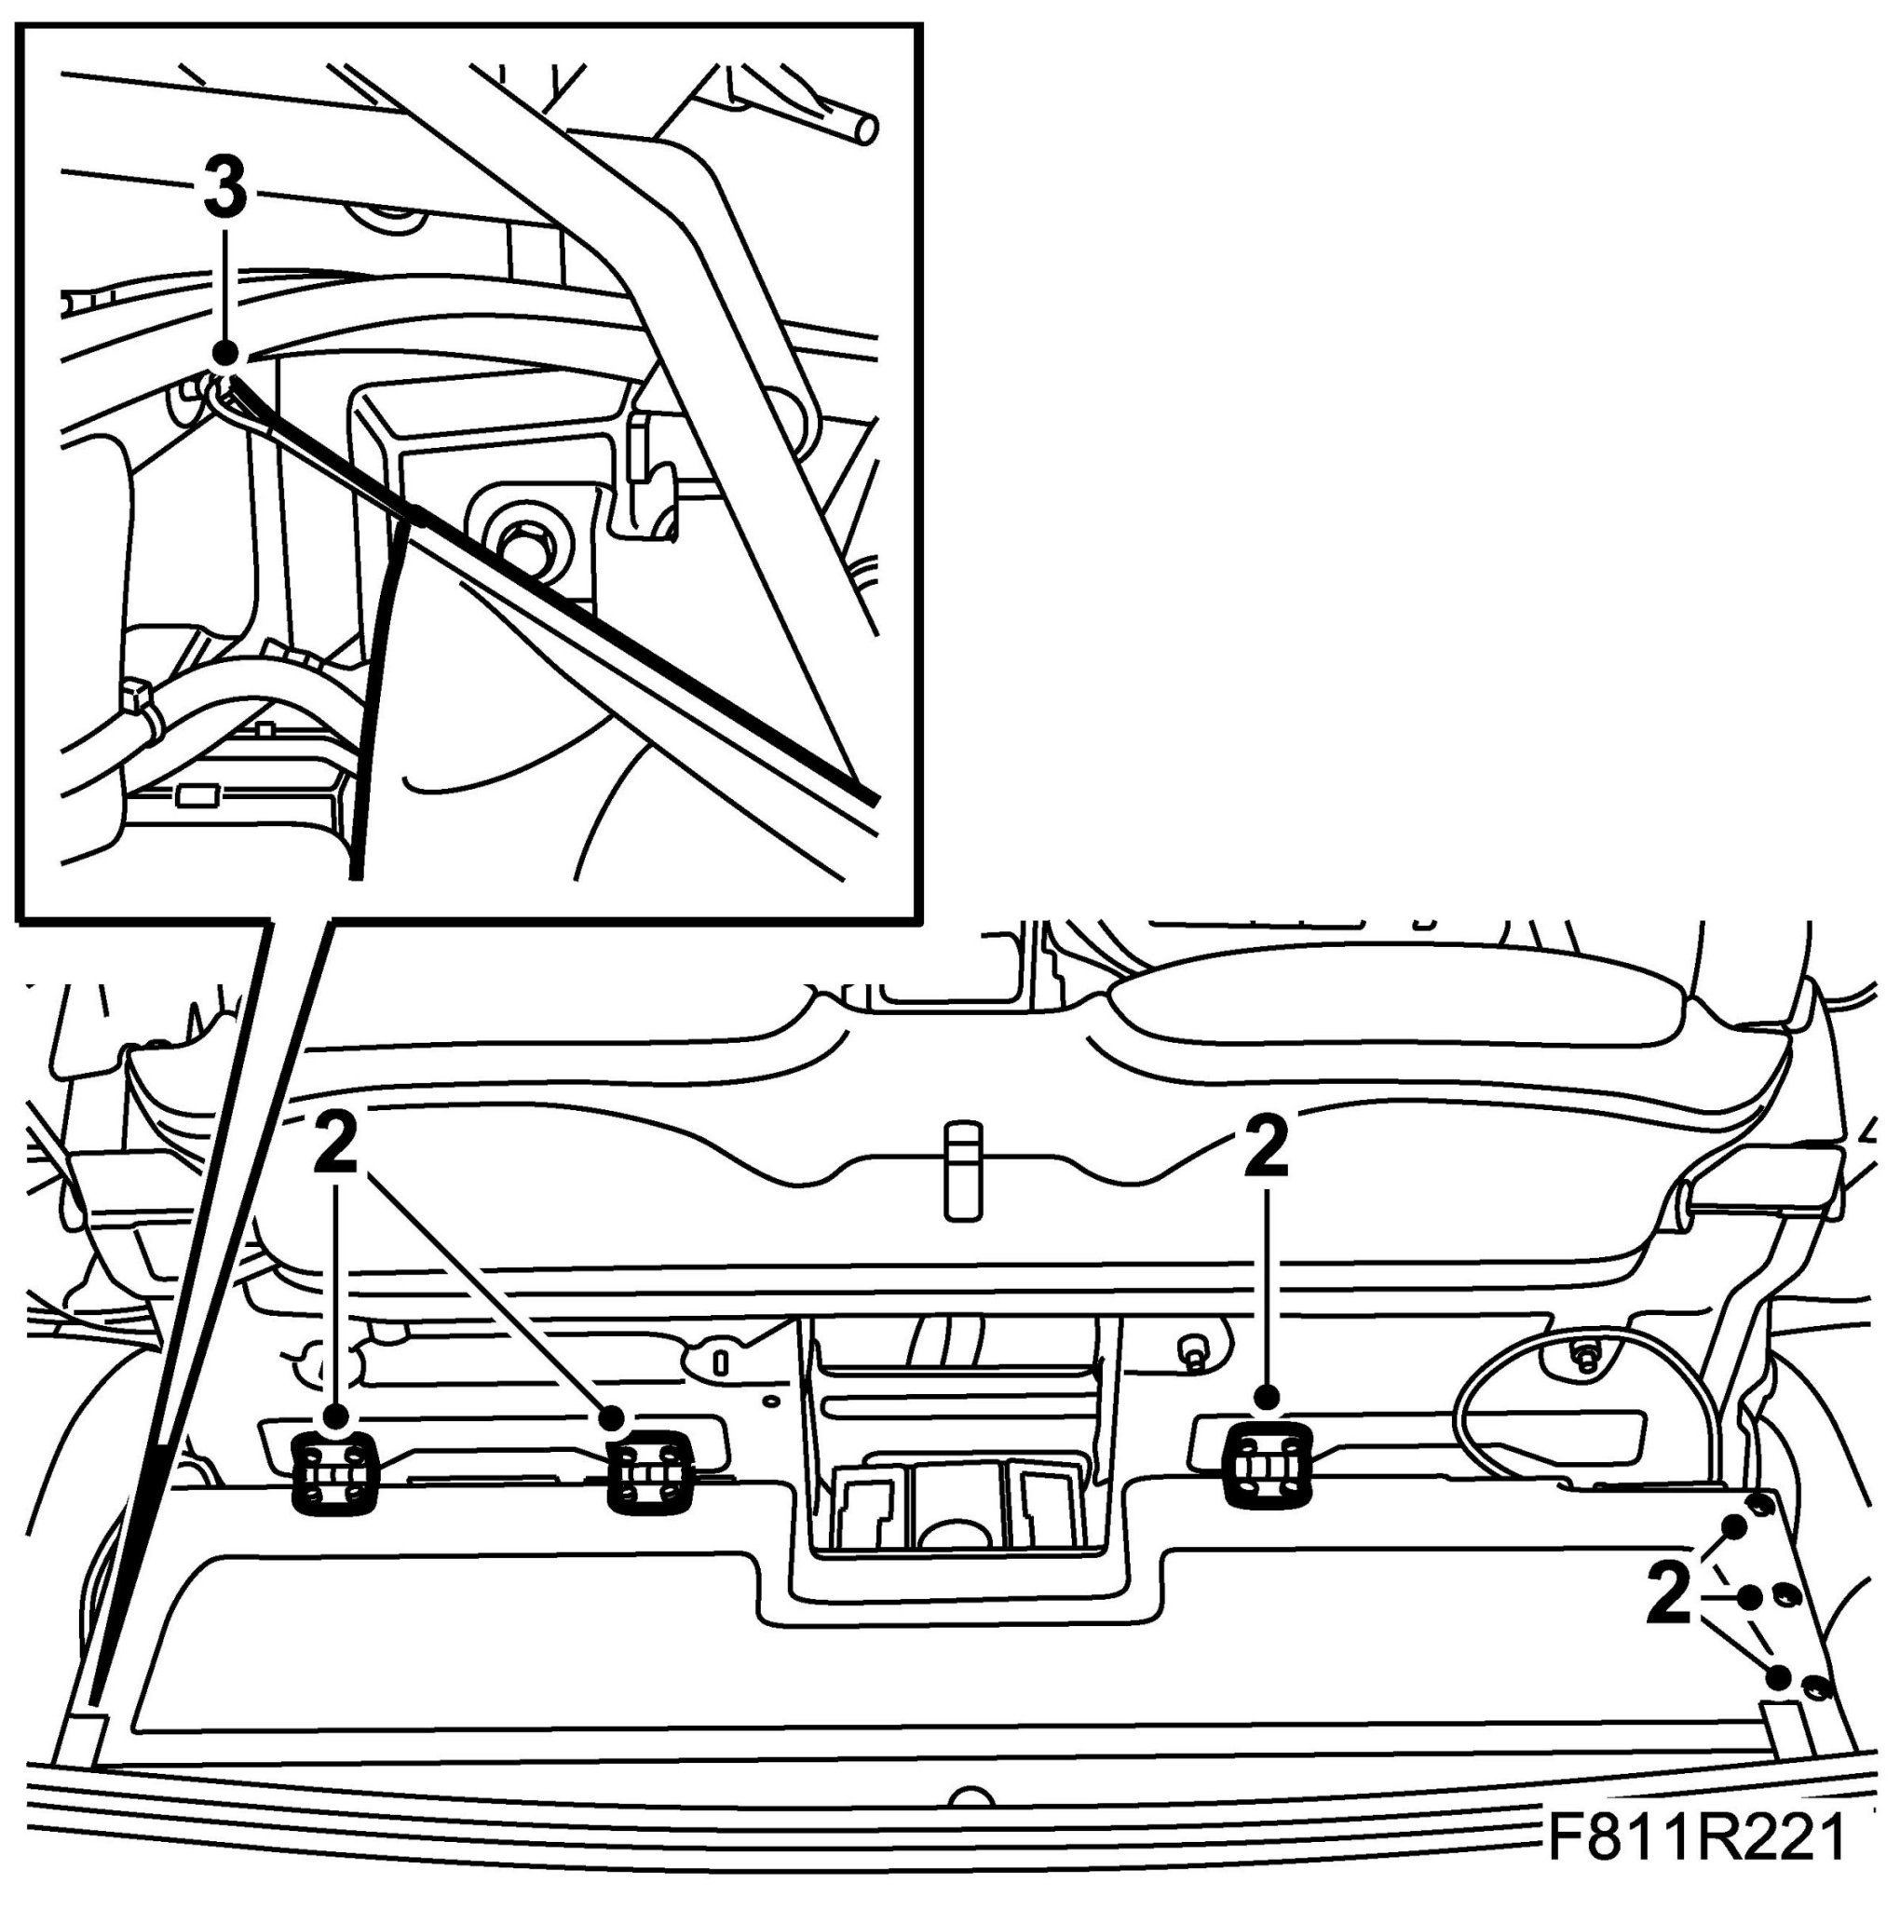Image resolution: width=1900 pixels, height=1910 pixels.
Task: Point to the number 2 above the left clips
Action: pyautogui.click(x=336, y=1146)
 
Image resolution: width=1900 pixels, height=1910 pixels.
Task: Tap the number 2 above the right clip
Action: pyautogui.click(x=1267, y=1146)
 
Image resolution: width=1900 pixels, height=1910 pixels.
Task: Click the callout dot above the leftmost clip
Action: pyautogui.click(x=336, y=1416)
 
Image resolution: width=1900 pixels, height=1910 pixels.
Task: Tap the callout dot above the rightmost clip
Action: pyautogui.click(x=1268, y=1397)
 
